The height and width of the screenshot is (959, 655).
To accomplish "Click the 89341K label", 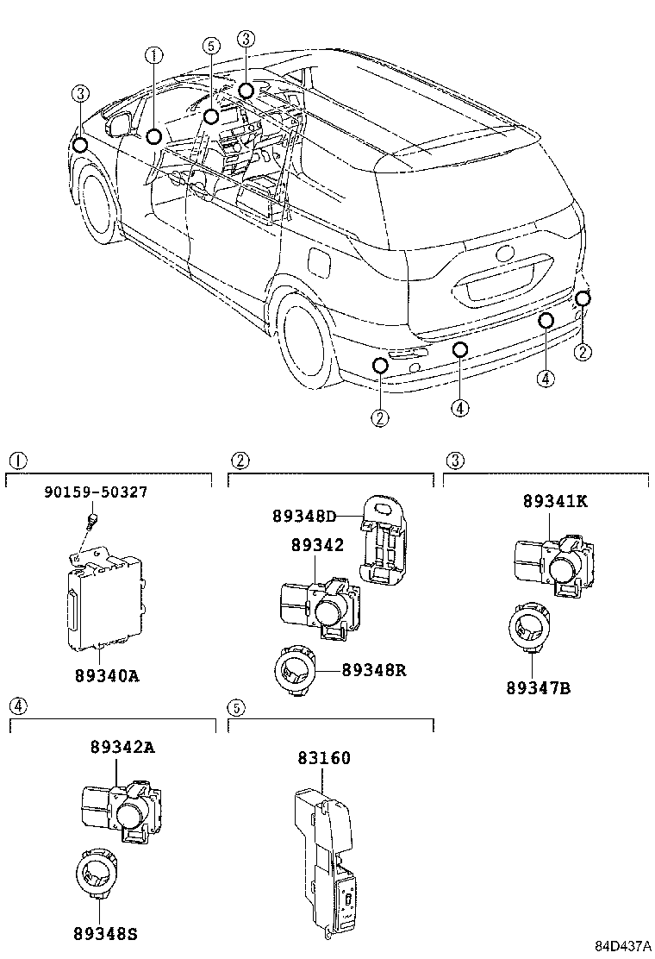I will (x=555, y=501).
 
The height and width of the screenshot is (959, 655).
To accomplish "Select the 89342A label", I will (x=122, y=748).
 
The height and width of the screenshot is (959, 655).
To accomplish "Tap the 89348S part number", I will (x=101, y=934).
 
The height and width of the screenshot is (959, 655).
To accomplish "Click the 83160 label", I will (x=324, y=758).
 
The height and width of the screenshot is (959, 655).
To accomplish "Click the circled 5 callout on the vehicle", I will (x=211, y=46).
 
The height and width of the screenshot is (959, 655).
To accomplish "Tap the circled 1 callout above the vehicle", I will (x=153, y=56).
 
